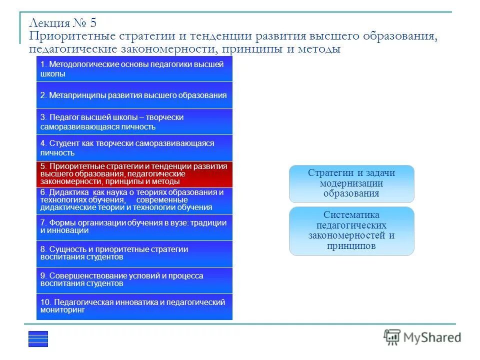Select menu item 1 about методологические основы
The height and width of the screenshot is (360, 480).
(x=134, y=69)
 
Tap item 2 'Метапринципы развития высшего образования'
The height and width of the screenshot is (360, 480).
(x=134, y=95)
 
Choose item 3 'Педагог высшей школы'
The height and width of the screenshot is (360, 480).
(x=134, y=121)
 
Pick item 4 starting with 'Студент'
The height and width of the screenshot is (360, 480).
(x=134, y=148)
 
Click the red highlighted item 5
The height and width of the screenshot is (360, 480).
(x=134, y=174)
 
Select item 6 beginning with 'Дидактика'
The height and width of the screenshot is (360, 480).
(x=134, y=200)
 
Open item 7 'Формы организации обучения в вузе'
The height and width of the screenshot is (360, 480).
(x=134, y=226)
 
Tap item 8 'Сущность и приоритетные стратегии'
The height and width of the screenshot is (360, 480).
(x=134, y=253)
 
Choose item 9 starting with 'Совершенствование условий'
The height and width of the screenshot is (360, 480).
(x=134, y=279)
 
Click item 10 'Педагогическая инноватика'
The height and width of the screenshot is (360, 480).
(x=134, y=306)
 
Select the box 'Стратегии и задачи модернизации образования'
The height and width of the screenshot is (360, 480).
(x=351, y=183)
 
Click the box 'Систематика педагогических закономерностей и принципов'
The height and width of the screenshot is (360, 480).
(x=351, y=230)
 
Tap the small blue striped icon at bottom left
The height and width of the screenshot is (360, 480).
(x=38, y=338)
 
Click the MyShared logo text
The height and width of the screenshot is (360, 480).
(x=433, y=337)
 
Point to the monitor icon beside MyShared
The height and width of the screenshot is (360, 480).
(x=392, y=337)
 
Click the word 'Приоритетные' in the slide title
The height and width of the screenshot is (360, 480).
(x=72, y=37)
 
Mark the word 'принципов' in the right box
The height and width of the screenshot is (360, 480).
(x=351, y=246)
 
